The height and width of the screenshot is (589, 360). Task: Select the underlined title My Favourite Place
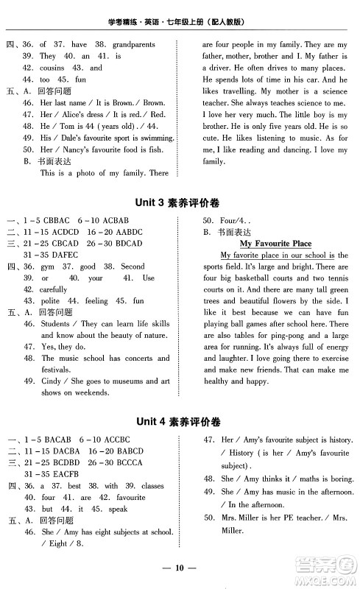[275, 243]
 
